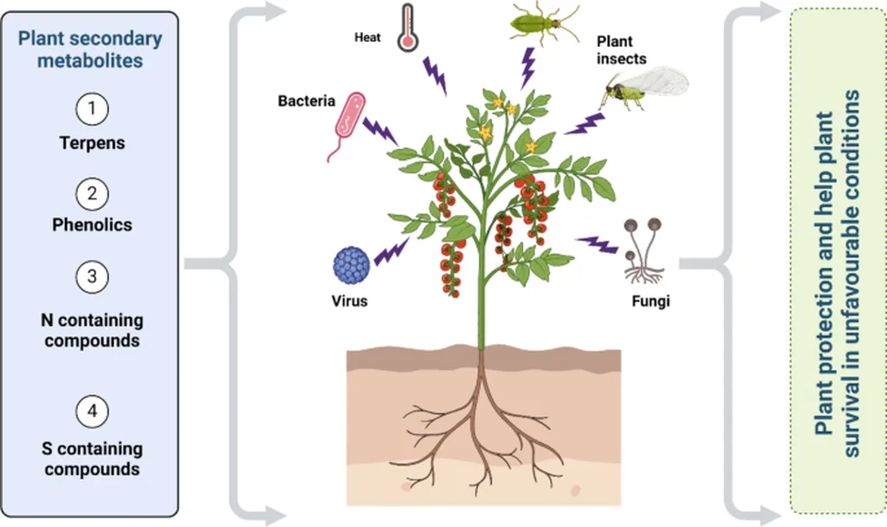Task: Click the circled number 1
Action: tap(92, 109)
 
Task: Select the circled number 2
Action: tap(92, 192)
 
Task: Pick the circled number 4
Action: tap(92, 411)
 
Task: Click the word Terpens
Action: tap(92, 143)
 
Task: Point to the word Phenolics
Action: tap(92, 224)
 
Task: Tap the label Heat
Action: tap(367, 38)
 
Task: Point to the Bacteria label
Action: tap(306, 101)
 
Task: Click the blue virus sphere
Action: tap(352, 263)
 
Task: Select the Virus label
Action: tap(350, 302)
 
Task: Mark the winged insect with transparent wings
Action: tap(645, 88)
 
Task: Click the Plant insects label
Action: tap(620, 50)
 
